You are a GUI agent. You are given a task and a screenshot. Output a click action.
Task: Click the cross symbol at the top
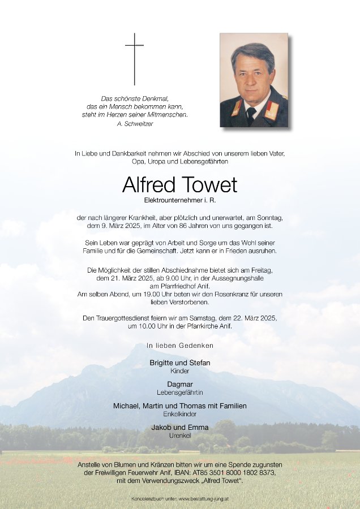(134, 58)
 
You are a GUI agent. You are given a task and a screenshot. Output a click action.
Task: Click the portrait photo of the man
(254, 80)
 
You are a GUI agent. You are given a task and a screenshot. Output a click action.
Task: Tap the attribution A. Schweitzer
(134, 123)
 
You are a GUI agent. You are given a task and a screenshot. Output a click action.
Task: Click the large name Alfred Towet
(179, 186)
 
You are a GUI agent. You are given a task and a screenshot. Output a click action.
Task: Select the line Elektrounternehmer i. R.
(179, 200)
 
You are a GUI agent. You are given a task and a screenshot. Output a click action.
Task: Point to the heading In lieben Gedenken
(179, 345)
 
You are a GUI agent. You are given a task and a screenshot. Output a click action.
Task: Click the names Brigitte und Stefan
(179, 362)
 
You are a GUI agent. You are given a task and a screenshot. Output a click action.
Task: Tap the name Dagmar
(179, 383)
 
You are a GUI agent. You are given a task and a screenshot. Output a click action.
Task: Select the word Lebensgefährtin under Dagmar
(179, 392)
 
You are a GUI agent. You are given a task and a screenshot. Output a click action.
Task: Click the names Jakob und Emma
(179, 427)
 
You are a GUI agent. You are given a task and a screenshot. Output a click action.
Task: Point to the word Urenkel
(179, 435)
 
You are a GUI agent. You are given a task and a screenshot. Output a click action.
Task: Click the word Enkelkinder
(179, 414)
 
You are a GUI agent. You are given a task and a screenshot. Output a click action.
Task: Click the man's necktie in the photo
(251, 115)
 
